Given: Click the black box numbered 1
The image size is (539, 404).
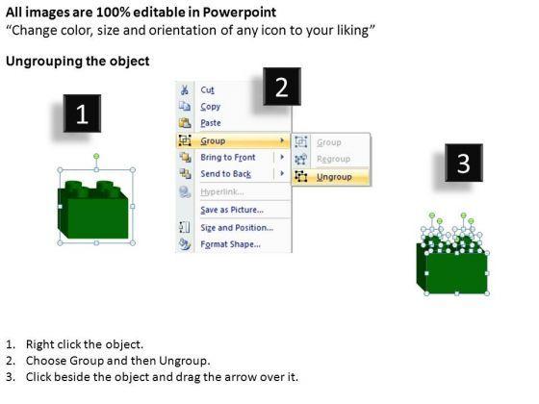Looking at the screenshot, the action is (x=82, y=114).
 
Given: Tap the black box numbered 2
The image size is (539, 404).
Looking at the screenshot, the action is (x=282, y=87).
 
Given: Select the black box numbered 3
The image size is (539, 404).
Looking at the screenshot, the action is (x=464, y=163).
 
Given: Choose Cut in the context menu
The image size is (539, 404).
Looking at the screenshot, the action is (x=207, y=90).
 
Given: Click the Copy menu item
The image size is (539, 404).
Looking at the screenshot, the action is (x=211, y=107).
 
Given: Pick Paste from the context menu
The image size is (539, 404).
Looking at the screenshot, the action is (x=211, y=123).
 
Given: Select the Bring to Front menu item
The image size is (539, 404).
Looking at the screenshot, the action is (x=228, y=158).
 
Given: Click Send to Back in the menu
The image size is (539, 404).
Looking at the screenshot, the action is (x=226, y=174).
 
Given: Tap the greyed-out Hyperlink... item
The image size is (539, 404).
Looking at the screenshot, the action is (x=222, y=191).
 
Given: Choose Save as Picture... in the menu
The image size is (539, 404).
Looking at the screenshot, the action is (x=232, y=210).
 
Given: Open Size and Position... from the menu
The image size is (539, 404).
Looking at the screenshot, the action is (x=237, y=227).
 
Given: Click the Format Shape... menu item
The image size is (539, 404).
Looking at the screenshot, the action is (x=230, y=244).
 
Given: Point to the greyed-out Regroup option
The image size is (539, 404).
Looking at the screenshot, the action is (x=333, y=159).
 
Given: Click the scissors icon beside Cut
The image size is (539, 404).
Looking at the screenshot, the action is (x=185, y=90).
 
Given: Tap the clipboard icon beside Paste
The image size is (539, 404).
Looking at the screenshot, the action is (x=185, y=123).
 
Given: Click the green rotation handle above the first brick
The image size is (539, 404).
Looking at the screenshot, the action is (x=96, y=156).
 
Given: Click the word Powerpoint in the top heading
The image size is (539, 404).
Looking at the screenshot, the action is (x=240, y=13).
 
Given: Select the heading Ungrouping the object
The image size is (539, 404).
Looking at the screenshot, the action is (x=78, y=62).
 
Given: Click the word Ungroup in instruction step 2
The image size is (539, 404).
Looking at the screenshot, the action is (x=184, y=361).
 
